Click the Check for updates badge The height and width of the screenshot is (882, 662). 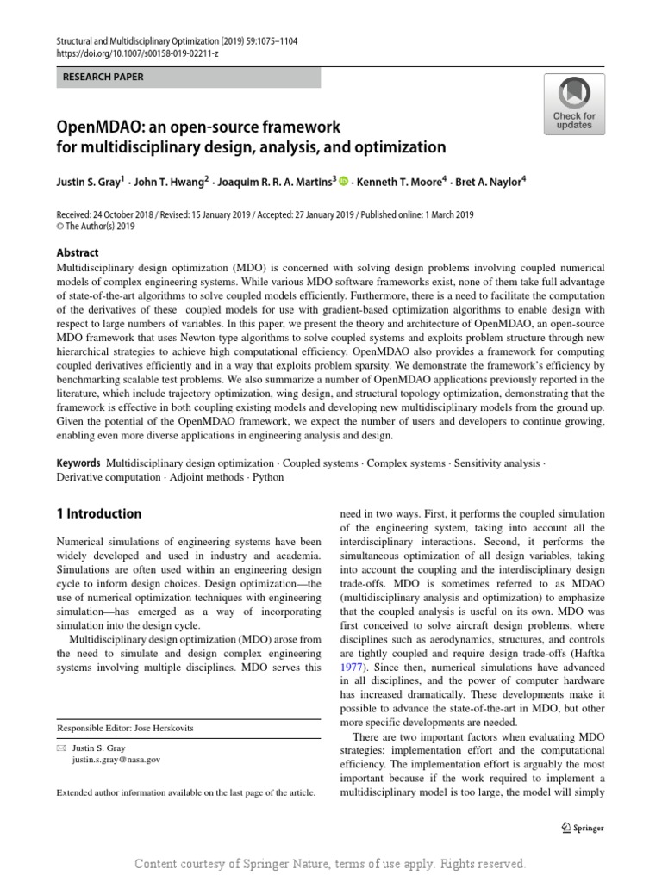[574, 103]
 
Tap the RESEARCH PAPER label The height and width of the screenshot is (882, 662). [103, 78]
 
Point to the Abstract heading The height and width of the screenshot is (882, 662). [78, 252]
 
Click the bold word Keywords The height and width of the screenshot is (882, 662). [78, 463]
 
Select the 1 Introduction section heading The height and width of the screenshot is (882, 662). [98, 514]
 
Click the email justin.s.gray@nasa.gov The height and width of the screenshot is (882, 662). [116, 761]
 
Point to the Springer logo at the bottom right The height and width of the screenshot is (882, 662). [583, 829]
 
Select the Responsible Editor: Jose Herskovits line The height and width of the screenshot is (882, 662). [125, 728]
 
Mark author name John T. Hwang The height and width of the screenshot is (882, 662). [164, 182]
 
